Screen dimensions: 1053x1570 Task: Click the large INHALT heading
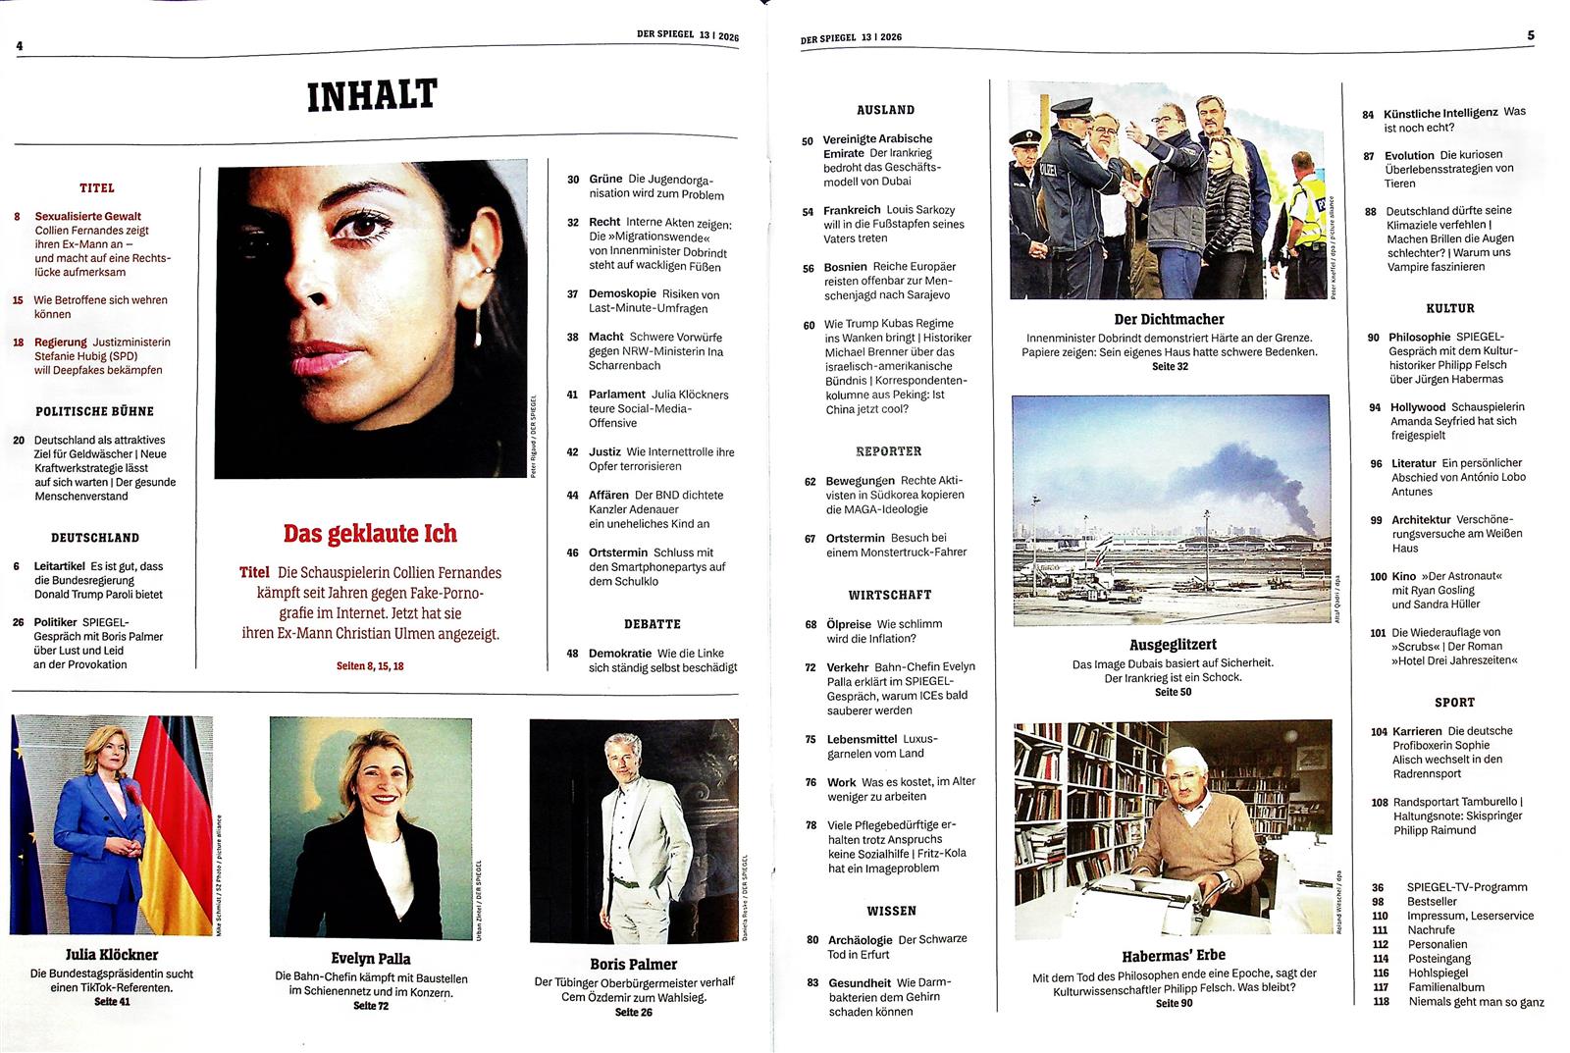(372, 96)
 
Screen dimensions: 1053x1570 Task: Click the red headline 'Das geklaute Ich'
(370, 534)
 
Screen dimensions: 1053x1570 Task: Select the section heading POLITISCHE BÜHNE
(95, 411)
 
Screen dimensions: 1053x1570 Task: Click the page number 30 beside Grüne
(573, 180)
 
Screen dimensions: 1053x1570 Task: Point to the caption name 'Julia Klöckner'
(112, 954)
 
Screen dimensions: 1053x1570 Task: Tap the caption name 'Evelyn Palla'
(371, 959)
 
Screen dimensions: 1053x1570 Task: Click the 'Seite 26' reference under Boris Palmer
(633, 1012)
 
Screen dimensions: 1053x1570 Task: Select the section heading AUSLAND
(885, 110)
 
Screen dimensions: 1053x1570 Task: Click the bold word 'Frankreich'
(852, 210)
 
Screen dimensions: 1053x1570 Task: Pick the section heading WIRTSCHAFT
(890, 595)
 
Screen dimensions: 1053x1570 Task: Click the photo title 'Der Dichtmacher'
(1169, 319)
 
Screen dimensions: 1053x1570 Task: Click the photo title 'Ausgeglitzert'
(1173, 645)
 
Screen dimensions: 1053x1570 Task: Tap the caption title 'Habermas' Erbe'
(1174, 955)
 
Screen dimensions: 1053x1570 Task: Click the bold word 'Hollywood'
(1418, 406)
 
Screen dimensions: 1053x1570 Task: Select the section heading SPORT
(1454, 702)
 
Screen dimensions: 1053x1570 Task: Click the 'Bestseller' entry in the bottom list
(1432, 901)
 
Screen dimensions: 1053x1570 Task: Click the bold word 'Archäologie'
(861, 939)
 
